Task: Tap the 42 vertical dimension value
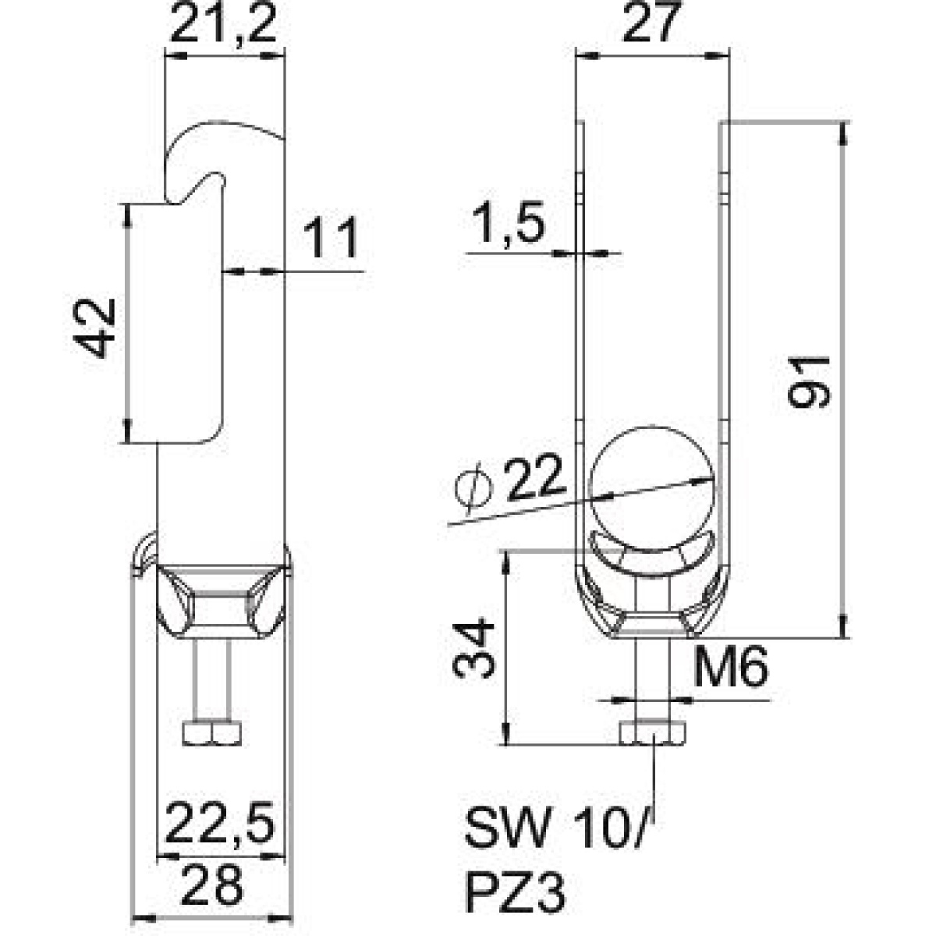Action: coord(97,328)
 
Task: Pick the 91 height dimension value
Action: coord(809,381)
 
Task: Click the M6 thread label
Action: coord(731,666)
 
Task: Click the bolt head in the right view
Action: coord(653,733)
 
